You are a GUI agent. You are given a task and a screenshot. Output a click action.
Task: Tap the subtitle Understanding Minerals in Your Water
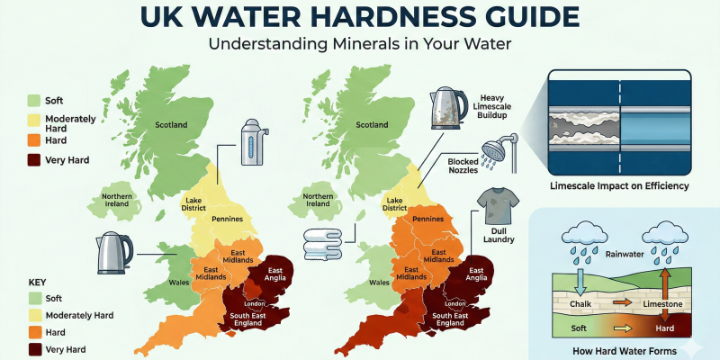click(360, 45)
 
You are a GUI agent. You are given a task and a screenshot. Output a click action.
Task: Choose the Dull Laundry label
click(495, 237)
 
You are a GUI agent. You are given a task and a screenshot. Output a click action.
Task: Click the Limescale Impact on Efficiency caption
click(619, 186)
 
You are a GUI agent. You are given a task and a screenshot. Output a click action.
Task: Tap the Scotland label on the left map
click(175, 125)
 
